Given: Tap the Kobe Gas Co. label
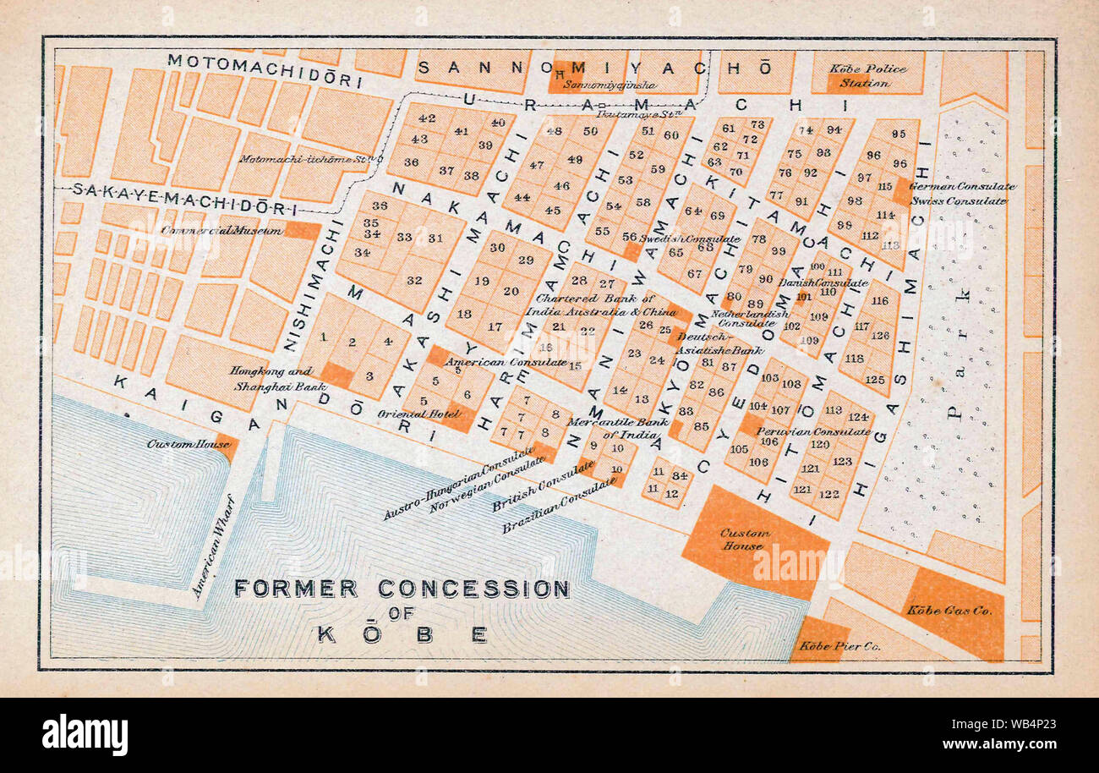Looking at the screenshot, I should pos(949,610).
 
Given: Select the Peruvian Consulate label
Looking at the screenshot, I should pos(801,431).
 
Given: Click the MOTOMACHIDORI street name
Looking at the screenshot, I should pos(264,70).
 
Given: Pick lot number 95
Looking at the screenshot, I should pos(898,134).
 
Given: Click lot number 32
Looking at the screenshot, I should pos(414,281).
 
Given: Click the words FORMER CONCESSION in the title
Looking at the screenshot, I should pos(402,589).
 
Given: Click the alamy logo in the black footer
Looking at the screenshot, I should pos(85,734).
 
